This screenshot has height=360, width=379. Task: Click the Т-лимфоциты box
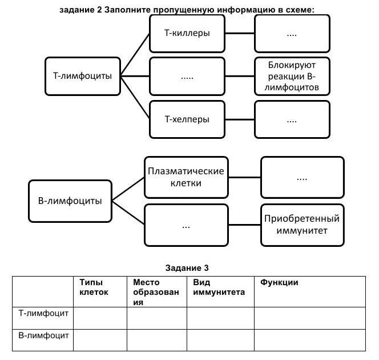point(83,75)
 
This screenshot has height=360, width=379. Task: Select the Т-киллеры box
point(187,33)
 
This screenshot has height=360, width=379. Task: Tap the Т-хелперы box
point(187,119)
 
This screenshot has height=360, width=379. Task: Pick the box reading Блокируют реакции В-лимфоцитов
point(292,75)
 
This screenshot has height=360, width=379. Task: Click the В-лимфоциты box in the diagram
point(70,201)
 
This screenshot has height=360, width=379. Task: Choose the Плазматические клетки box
point(186,177)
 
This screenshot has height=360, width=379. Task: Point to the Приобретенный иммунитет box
point(302,225)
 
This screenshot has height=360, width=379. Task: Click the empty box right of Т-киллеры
point(292,33)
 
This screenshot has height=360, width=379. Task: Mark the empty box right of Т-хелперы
point(292,119)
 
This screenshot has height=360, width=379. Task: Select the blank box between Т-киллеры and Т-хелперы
point(187,76)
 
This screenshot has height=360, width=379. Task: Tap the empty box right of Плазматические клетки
point(302,177)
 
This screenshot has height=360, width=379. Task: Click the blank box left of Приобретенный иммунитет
point(186,225)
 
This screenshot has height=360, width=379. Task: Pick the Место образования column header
point(150,292)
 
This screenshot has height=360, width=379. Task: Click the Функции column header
point(280,282)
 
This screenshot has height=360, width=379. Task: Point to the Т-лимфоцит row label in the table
point(43,313)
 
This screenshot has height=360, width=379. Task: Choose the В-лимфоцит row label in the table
point(43,335)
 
